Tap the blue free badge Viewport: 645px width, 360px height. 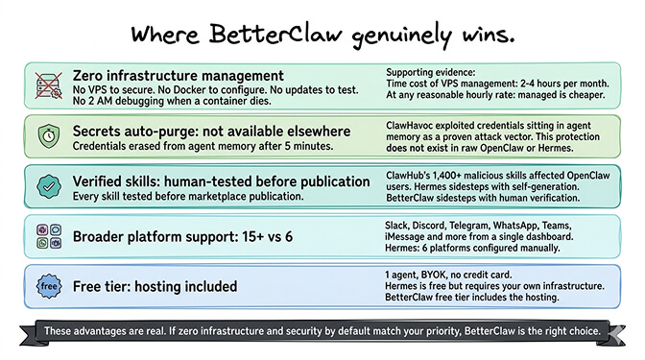tap(46, 286)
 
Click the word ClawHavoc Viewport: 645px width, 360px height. tap(414, 124)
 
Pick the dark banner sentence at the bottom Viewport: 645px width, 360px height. tap(322, 332)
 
